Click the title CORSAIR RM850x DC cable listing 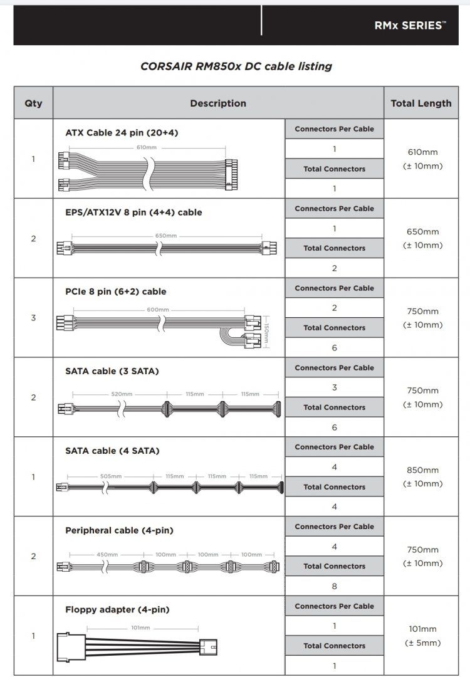pyautogui.click(x=236, y=66)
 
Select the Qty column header pyautogui.click(x=33, y=103)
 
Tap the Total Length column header pyautogui.click(x=420, y=103)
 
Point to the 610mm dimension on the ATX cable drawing pyautogui.click(x=146, y=147)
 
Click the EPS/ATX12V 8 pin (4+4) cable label pyautogui.click(x=133, y=213)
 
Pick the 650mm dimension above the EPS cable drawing pyautogui.click(x=166, y=236)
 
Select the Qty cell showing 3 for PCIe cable pyautogui.click(x=33, y=318)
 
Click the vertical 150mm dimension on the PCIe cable pyautogui.click(x=266, y=333)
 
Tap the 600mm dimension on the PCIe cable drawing pyautogui.click(x=158, y=310)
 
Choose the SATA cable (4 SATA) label pyautogui.click(x=112, y=451)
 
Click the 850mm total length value pyautogui.click(x=422, y=470)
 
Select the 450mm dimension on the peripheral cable pyautogui.click(x=107, y=554)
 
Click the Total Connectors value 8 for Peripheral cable pyautogui.click(x=334, y=586)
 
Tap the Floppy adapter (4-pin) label pyautogui.click(x=117, y=610)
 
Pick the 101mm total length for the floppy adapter pyautogui.click(x=422, y=629)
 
